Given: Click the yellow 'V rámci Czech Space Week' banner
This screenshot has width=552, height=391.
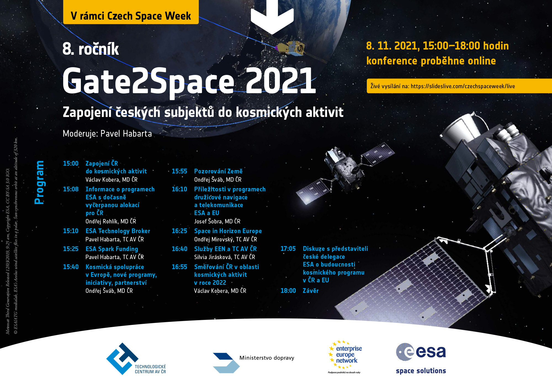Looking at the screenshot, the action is (131, 12).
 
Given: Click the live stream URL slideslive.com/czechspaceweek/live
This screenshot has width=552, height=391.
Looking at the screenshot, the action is (463, 86).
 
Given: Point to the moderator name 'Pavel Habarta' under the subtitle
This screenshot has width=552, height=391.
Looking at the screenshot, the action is (126, 134).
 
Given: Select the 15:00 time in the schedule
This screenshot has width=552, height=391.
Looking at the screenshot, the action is (71, 163).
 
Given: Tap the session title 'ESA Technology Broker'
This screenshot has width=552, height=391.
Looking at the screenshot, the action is (118, 231).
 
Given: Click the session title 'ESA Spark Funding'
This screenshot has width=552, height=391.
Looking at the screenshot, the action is (112, 249).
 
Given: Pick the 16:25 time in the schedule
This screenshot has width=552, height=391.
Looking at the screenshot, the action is (179, 231).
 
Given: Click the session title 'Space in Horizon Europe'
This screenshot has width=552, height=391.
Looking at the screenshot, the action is (228, 231).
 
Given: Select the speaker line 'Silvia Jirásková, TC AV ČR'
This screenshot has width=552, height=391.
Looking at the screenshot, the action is (225, 257).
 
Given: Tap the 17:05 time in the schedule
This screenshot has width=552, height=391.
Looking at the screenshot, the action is (288, 249).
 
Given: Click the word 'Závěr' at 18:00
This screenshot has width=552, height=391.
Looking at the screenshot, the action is (311, 291).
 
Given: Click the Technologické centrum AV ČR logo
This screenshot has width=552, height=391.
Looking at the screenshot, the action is (136, 359).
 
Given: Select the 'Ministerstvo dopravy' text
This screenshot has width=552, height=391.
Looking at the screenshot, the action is (267, 358).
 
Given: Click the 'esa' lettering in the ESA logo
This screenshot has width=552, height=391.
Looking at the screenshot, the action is (431, 352).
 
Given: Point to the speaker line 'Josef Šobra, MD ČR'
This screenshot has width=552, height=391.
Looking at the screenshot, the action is (217, 221).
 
